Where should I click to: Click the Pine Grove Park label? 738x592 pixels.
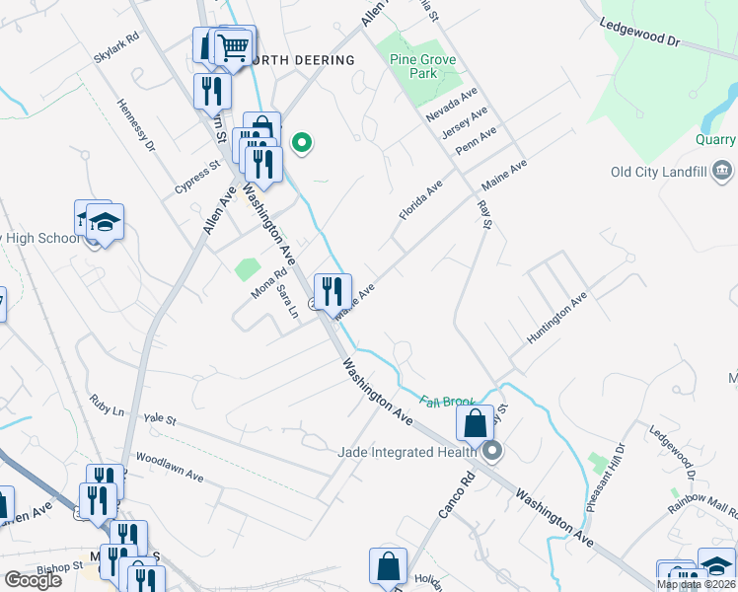pos(423,66)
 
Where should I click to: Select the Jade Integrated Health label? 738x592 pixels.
pos(406,452)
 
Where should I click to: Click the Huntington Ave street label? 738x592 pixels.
pos(556,317)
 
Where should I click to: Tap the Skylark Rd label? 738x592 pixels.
pos(117,48)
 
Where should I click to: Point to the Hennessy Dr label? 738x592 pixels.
pos(136,126)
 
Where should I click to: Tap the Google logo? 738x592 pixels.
pos(33,579)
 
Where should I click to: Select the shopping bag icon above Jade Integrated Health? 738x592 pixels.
pos(475,423)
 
